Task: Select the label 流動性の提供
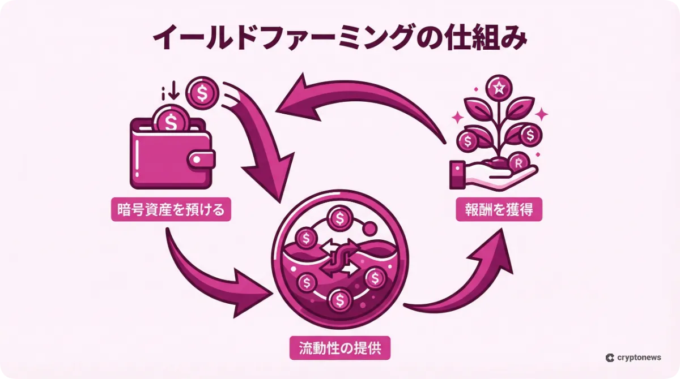(x=340, y=348)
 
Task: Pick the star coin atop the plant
(x=499, y=87)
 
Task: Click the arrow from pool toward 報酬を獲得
(x=470, y=277)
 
